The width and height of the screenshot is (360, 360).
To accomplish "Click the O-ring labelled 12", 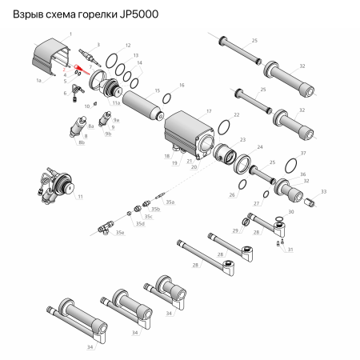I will point(116,60).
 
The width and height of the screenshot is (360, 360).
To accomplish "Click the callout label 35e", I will point(121,232).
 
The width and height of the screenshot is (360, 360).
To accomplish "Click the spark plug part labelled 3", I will point(86,58).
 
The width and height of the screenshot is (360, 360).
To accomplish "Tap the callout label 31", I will point(290,250).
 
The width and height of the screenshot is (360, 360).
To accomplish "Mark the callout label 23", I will point(245,139).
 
